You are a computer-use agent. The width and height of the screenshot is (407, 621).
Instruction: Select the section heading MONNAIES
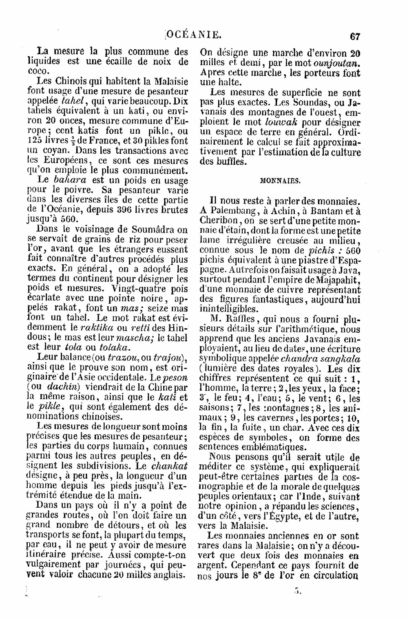click(280, 181)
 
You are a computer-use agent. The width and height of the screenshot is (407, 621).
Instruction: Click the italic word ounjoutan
click(337, 64)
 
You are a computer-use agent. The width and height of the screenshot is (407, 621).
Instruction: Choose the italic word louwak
click(281, 122)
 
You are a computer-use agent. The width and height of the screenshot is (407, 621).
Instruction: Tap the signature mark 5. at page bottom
click(298, 590)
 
